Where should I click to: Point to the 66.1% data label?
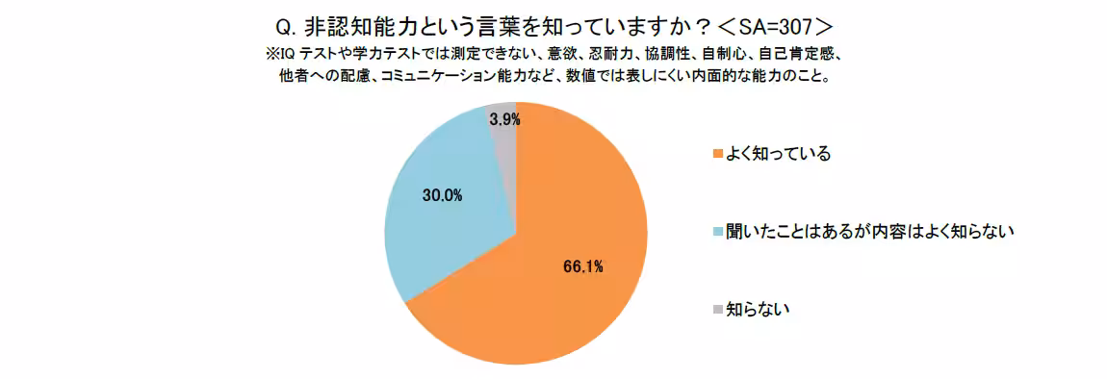coord(583,266)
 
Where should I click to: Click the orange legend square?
coord(717,154)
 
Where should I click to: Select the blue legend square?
coord(717,232)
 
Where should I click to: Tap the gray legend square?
coord(717,309)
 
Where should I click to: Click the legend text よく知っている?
coord(777,154)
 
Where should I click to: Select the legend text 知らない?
coord(758,309)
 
